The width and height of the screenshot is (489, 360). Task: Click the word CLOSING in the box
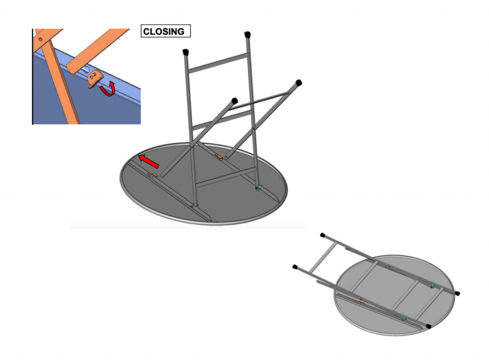[164, 32]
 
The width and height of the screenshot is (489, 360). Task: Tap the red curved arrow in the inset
[108, 89]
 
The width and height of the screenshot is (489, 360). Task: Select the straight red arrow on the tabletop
[149, 161]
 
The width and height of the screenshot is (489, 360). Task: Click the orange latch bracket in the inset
[95, 79]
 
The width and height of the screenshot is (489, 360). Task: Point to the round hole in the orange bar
[40, 39]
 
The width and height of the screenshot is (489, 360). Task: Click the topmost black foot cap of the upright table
[248, 34]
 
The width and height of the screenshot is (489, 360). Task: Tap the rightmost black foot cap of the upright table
[298, 83]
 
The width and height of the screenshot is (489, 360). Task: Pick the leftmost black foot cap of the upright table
[186, 52]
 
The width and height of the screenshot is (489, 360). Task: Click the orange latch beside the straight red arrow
[155, 175]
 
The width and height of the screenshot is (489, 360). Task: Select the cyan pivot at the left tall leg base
[196, 205]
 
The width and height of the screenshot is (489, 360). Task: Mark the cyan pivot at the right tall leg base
[259, 188]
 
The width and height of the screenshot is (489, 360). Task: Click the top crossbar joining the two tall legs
[219, 63]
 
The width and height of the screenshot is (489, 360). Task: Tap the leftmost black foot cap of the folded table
[295, 267]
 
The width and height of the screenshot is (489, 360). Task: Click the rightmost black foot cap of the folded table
[457, 293]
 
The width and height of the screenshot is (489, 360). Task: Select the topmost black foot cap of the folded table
[323, 235]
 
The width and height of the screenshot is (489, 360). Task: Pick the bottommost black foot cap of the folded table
[429, 326]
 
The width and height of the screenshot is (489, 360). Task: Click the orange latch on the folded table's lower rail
[362, 301]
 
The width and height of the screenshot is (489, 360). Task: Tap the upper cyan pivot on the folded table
[432, 287]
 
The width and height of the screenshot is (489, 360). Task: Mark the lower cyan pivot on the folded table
[404, 319]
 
